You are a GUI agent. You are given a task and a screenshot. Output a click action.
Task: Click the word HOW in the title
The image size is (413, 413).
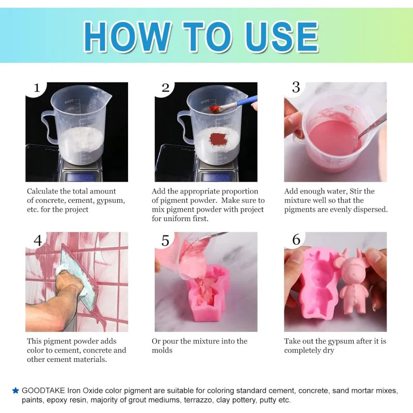pos(127,37)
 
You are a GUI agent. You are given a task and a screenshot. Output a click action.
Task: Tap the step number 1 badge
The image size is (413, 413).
pos(36,88)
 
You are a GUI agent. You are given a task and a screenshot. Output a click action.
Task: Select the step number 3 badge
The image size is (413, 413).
pos(295,88)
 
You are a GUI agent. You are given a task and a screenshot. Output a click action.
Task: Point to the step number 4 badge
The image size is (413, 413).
pos(37,241)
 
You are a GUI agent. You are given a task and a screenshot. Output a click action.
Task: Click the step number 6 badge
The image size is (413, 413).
pos(296,240)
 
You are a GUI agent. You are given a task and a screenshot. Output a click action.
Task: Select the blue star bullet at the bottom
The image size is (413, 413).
pos(15,391)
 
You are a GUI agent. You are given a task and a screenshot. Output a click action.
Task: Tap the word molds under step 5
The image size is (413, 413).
pos(162,351)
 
